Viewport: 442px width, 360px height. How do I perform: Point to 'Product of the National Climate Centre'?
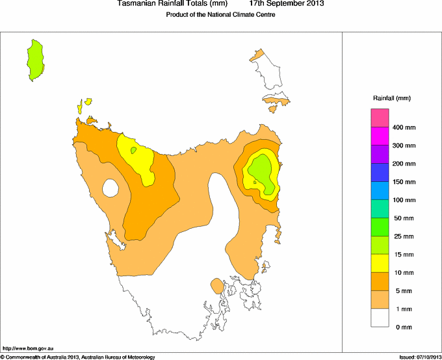pos(221,15)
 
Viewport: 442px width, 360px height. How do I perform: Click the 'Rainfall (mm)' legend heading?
pos(391,98)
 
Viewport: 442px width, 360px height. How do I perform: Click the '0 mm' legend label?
pos(403,327)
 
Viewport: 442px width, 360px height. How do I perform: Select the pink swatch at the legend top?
pos(380,118)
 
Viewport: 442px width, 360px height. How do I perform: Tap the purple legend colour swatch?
pos(380,155)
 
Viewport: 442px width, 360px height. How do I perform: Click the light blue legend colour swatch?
pos(380,191)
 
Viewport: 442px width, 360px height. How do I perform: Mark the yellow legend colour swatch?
pos(380,263)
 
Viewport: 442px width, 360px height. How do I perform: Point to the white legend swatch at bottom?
pos(380,318)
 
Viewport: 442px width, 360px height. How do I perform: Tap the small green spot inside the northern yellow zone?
pos(133,150)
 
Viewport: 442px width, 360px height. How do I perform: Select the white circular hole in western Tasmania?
pos(110,188)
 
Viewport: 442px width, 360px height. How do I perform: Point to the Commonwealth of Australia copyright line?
pos(78,357)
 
